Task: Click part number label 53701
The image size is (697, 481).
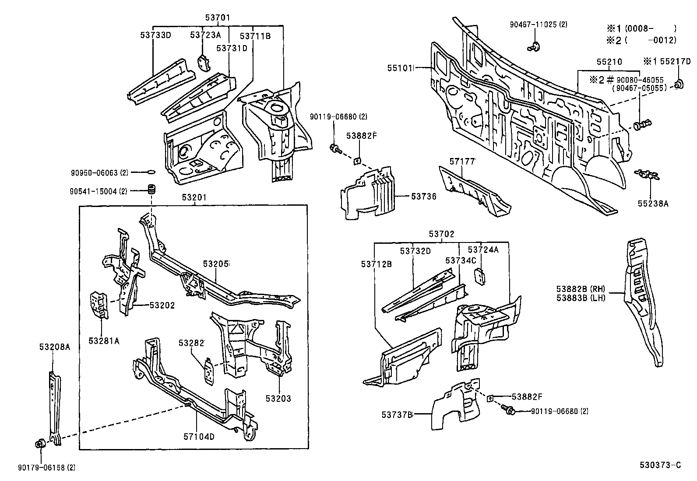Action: click(x=218, y=18)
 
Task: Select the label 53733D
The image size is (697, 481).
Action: click(x=155, y=35)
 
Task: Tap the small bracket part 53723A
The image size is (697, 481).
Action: click(x=204, y=63)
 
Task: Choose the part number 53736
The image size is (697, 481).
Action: click(x=423, y=197)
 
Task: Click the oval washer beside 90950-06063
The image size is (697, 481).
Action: click(x=150, y=172)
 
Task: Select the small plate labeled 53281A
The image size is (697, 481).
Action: click(x=99, y=305)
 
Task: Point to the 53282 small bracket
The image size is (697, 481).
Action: click(x=209, y=370)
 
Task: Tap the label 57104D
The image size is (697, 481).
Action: click(x=199, y=436)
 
